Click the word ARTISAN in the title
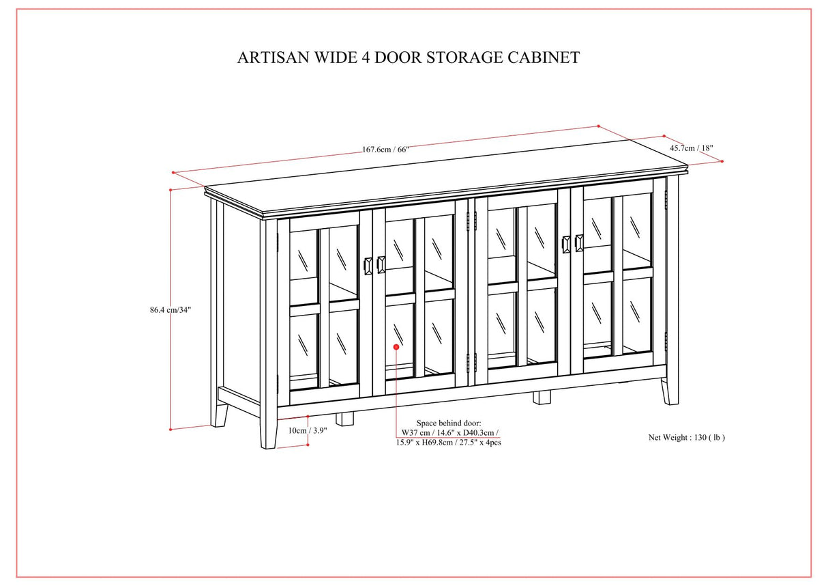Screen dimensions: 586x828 269,57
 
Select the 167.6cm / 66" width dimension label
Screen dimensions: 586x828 385,150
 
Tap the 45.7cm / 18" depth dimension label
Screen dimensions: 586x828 691,148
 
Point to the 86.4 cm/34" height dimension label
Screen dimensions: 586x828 171,309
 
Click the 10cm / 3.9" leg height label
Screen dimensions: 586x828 307,430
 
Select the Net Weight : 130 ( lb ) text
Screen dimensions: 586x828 686,437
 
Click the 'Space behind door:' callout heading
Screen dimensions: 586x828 448,423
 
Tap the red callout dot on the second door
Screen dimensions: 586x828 396,348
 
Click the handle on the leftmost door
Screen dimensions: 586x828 369,265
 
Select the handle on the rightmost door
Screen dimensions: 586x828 579,243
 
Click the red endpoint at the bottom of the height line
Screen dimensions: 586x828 170,430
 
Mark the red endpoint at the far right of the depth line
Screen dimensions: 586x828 722,161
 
